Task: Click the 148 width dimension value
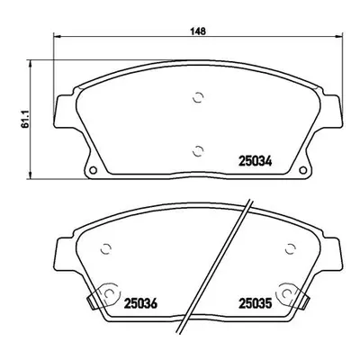[x=198, y=31]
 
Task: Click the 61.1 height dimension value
[x=25, y=119]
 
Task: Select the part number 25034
[x=256, y=161]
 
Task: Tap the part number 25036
[x=140, y=303]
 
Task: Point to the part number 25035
[x=256, y=303]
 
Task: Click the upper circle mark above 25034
[x=198, y=97]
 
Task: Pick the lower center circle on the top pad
[x=198, y=151]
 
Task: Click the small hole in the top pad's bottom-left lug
[x=94, y=170]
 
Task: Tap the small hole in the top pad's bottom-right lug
[x=303, y=170]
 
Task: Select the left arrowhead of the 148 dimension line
[x=57, y=37]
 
